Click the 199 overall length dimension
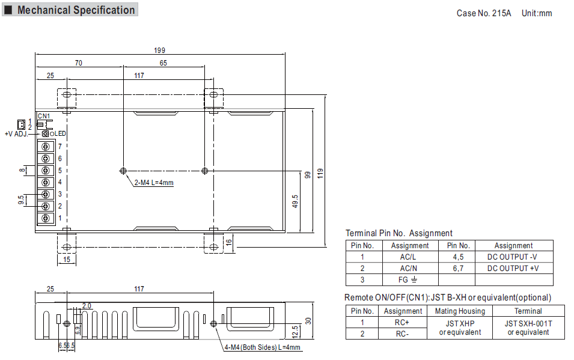click(x=160, y=50)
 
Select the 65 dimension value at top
click(x=163, y=63)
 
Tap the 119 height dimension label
click(x=320, y=173)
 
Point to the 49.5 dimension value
click(x=295, y=201)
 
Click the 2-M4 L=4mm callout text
click(x=154, y=182)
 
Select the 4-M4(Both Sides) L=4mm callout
click(x=263, y=347)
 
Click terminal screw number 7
click(x=46, y=147)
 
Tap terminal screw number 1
click(x=46, y=218)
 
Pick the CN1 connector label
click(x=44, y=116)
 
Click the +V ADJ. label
click(x=16, y=134)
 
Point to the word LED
click(x=60, y=133)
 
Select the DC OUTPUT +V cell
click(x=513, y=269)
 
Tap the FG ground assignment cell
click(x=408, y=280)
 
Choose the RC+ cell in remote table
click(x=401, y=322)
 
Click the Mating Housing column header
click(x=460, y=311)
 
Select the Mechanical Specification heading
click(x=76, y=10)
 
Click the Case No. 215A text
click(x=484, y=13)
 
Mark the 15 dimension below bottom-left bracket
click(x=67, y=259)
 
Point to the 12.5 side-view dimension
click(x=295, y=332)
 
